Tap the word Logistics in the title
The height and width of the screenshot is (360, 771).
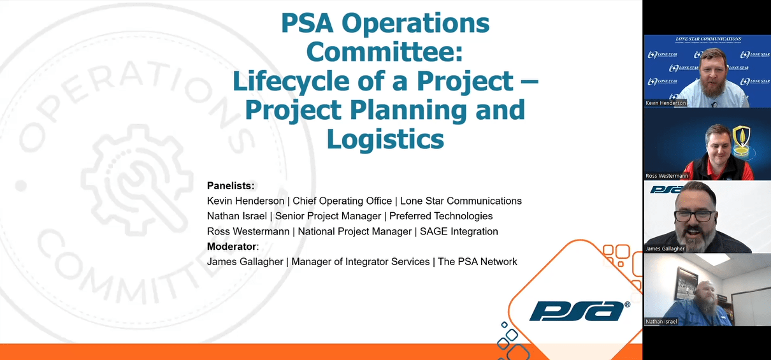(x=385, y=139)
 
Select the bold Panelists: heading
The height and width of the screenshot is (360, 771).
(x=231, y=186)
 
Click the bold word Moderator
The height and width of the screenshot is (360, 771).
(x=232, y=247)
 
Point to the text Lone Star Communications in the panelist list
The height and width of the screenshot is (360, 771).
(x=461, y=201)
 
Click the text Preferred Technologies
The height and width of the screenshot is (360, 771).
(x=441, y=216)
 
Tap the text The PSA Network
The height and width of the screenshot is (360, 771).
(x=477, y=262)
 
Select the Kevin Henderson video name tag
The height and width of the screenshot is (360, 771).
(x=666, y=103)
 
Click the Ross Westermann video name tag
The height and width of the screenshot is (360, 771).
(x=667, y=176)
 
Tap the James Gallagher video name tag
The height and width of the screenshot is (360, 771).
(x=665, y=248)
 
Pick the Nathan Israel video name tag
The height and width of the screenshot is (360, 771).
(x=661, y=322)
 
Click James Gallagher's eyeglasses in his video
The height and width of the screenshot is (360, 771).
(x=694, y=216)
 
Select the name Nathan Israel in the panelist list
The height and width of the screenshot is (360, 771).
(x=237, y=216)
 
